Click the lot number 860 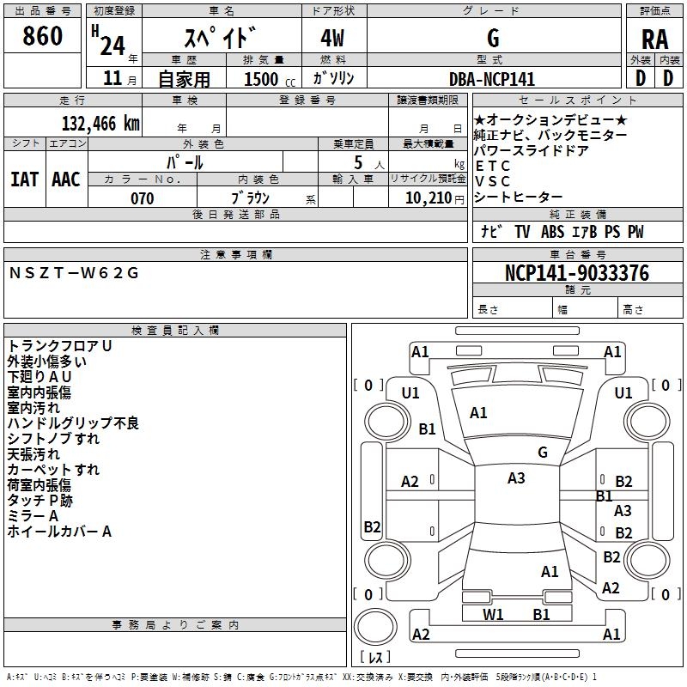tap(42, 36)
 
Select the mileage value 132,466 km tap(100, 124)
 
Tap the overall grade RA tap(655, 40)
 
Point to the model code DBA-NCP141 tap(492, 79)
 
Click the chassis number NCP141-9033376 tap(577, 273)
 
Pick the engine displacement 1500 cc tap(270, 79)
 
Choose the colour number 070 tap(143, 198)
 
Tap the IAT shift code tap(25, 179)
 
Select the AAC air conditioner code tap(66, 179)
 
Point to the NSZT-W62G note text tap(74, 273)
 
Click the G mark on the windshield tap(543, 453)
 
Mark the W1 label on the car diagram tap(493, 615)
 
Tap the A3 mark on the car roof tap(516, 478)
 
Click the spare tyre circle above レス tap(375, 626)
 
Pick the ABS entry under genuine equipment tap(552, 232)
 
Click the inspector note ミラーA tap(33, 516)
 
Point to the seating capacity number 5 tap(358, 162)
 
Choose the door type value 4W tap(332, 38)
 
